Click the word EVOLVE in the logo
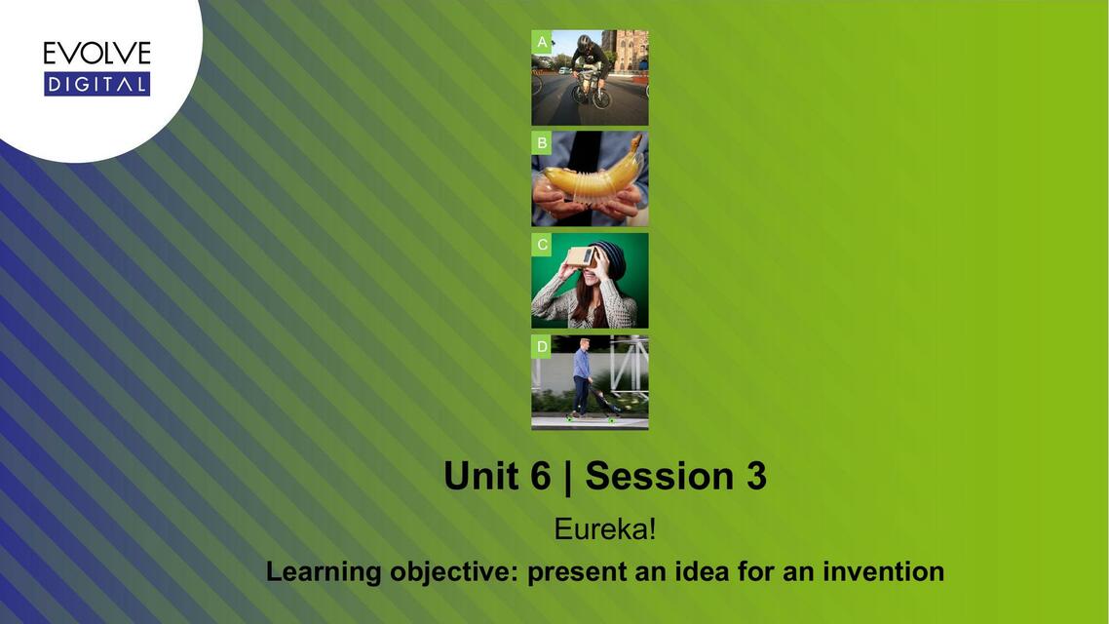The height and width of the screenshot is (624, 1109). click(x=96, y=54)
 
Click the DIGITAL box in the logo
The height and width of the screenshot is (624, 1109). click(x=96, y=84)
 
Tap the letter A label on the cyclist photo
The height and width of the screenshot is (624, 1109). click(x=542, y=42)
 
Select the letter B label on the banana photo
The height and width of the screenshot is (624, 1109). click(x=542, y=143)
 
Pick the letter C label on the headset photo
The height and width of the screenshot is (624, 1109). click(x=542, y=245)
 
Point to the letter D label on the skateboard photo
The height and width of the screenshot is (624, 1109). click(x=542, y=347)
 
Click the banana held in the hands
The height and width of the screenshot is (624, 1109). click(x=594, y=176)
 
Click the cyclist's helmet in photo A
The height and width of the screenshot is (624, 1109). click(x=584, y=41)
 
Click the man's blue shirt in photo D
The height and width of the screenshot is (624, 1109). click(x=582, y=364)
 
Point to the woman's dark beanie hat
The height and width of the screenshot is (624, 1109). click(x=610, y=259)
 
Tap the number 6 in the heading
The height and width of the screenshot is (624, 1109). click(x=541, y=476)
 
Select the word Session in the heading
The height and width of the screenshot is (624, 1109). click(x=660, y=476)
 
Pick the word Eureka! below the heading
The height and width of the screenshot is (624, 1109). click(x=605, y=529)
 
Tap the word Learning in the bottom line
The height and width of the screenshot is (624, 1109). click(x=324, y=571)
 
